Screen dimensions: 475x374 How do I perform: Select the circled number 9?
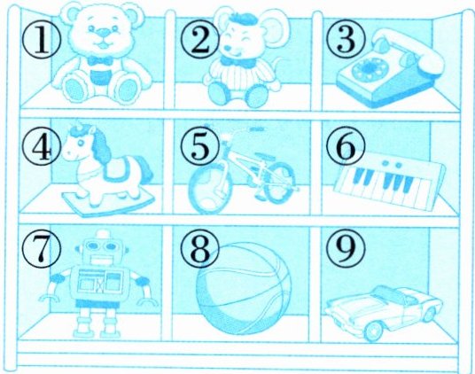pyautogui.click(x=346, y=249)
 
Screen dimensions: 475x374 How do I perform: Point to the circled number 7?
pyautogui.click(x=41, y=248)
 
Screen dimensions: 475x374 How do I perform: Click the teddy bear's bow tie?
pyautogui.click(x=98, y=61)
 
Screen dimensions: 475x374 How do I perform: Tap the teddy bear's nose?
pyautogui.click(x=104, y=32)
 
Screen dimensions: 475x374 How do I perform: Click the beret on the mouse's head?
pyautogui.click(x=243, y=17)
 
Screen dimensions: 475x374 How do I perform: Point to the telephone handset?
pyautogui.click(x=409, y=49)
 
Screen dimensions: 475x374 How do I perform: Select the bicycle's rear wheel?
pyautogui.click(x=279, y=182)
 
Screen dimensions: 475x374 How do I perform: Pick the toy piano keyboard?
pyautogui.click(x=390, y=180)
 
